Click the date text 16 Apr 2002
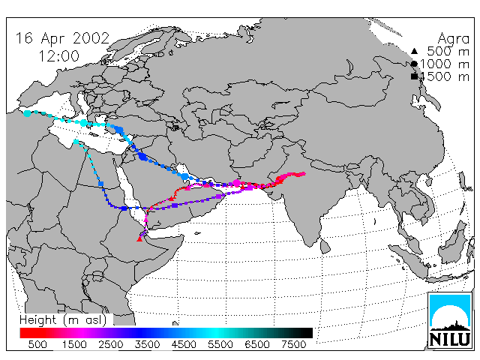coord(62,39)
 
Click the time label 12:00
coord(58,56)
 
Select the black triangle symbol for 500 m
coord(414,51)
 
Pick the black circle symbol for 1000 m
coord(414,64)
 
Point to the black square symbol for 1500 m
coord(414,76)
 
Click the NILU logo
coord(450,321)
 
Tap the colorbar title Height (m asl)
coord(63,320)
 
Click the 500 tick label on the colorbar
coord(37,344)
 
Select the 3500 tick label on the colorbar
coord(147,344)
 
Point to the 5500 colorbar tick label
coord(220,344)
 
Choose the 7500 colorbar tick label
coord(293,344)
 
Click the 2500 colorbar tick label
coord(110,344)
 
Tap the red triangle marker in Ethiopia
coord(139,238)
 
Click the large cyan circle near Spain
coord(27,113)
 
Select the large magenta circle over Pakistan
coord(237,183)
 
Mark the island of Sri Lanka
coord(325,246)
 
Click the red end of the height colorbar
coord(22,333)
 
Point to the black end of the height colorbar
coord(310,333)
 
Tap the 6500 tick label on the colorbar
coord(256,344)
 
